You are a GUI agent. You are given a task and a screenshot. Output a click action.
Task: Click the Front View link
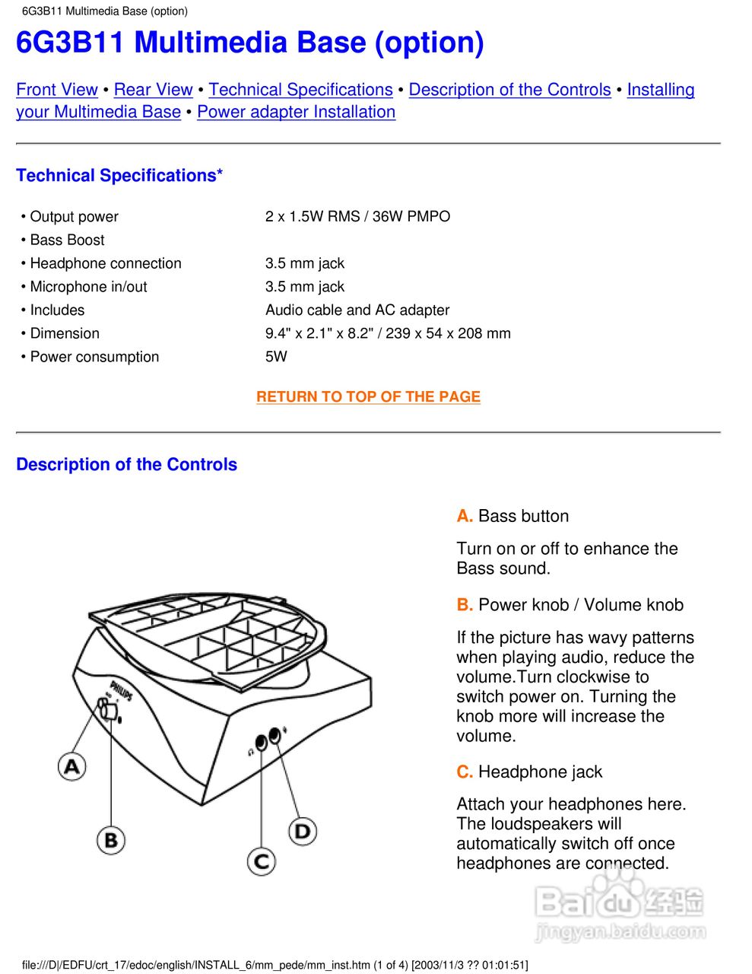click(x=57, y=90)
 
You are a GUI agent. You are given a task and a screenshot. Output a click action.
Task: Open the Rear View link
click(x=153, y=90)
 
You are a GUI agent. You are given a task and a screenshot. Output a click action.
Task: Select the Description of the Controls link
click(x=509, y=90)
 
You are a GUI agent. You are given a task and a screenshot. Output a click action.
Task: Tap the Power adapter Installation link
click(x=296, y=112)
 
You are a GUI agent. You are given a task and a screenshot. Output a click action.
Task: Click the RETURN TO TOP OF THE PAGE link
click(x=368, y=396)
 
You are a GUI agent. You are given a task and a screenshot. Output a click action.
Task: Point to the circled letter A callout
click(x=72, y=766)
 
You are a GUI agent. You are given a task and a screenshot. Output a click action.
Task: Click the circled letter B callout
click(x=111, y=840)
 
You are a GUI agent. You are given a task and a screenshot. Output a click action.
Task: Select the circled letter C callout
click(x=262, y=861)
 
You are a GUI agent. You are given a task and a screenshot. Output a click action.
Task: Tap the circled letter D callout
click(x=303, y=831)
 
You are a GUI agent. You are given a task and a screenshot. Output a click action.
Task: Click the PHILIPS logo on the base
click(x=121, y=690)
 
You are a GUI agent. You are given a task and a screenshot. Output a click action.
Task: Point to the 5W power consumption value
click(x=276, y=356)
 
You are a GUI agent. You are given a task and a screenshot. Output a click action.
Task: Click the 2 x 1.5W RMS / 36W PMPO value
click(x=357, y=216)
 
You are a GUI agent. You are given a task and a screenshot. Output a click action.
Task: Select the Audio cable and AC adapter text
click(x=357, y=310)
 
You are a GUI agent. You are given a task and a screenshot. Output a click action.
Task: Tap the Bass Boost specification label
click(x=67, y=240)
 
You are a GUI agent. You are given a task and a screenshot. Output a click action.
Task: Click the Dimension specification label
click(x=65, y=333)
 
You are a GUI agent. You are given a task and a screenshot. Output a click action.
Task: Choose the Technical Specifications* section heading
click(x=119, y=176)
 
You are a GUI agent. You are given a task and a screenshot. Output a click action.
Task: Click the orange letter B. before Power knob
click(x=465, y=605)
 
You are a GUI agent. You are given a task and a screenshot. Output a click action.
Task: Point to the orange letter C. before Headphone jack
click(x=465, y=772)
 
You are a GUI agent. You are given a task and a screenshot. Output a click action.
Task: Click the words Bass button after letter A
click(x=523, y=516)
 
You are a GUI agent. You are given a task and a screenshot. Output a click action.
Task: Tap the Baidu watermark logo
click(x=620, y=906)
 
